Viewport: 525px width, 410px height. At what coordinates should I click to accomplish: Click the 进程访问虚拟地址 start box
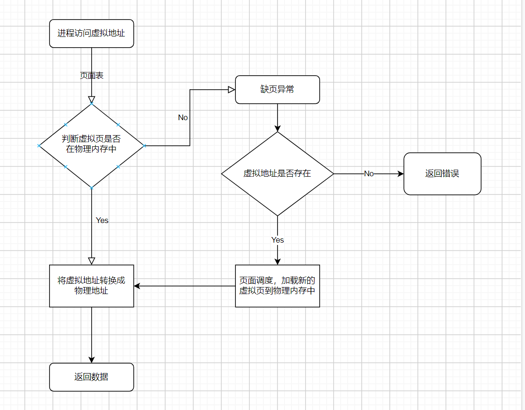(x=91, y=33)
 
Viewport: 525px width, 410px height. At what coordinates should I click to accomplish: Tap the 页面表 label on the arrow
(x=92, y=75)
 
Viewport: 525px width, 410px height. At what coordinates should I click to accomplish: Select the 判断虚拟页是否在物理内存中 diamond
(x=91, y=145)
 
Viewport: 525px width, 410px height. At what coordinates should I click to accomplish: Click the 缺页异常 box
(x=277, y=89)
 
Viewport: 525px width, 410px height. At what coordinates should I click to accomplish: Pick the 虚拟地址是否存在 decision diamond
(x=277, y=173)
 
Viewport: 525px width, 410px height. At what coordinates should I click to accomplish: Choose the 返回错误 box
(x=442, y=173)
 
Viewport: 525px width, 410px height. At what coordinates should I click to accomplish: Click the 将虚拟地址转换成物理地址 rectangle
(x=91, y=286)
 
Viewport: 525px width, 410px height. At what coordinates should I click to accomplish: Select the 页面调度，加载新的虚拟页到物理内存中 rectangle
(x=277, y=286)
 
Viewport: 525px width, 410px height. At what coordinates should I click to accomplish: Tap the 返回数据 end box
(x=91, y=377)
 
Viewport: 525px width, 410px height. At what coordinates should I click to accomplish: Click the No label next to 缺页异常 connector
(x=183, y=117)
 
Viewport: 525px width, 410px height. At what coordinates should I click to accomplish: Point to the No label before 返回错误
(x=369, y=173)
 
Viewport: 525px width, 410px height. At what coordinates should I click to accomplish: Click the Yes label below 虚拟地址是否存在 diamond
(x=277, y=240)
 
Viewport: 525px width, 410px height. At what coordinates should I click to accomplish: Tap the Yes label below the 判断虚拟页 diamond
(x=102, y=220)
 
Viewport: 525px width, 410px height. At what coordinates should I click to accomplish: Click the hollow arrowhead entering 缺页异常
(x=231, y=89)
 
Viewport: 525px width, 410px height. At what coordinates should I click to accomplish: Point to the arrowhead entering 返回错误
(x=401, y=173)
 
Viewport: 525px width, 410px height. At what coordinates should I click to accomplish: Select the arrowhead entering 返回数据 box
(x=91, y=360)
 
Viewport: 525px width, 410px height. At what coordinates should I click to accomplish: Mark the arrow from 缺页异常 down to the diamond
(x=277, y=117)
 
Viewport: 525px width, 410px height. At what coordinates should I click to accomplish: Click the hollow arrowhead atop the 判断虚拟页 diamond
(x=91, y=99)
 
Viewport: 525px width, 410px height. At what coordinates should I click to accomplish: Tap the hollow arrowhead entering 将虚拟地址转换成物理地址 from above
(x=91, y=261)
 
